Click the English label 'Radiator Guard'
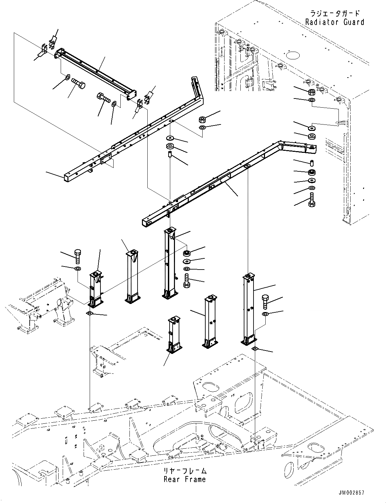click(334, 22)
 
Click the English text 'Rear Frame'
click(184, 479)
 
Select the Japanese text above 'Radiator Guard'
click(334, 14)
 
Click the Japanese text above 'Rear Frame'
click(184, 471)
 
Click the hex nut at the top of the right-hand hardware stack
click(312, 92)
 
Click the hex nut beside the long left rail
click(203, 119)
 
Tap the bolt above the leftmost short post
click(77, 256)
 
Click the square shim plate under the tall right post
click(255, 349)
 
